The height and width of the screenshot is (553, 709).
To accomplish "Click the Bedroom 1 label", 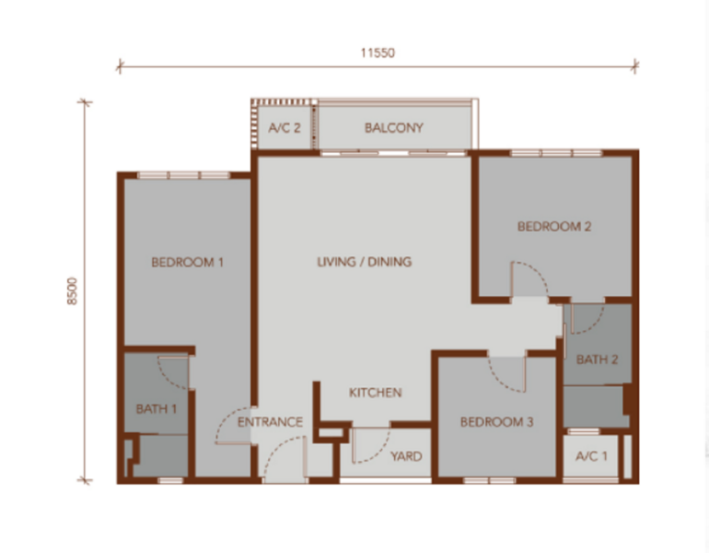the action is (187, 263).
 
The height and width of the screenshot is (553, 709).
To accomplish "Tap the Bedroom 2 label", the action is (554, 226).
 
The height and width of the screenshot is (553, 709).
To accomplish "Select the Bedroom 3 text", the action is (497, 422).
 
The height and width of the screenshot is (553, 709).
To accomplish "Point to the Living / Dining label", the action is (365, 262).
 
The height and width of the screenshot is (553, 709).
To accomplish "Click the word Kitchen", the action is (376, 393).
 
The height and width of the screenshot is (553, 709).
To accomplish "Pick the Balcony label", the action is (394, 128).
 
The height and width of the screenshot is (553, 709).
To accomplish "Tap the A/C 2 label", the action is (285, 128).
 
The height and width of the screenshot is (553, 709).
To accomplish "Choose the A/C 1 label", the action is (591, 456).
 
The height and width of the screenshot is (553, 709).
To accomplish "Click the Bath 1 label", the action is (156, 409).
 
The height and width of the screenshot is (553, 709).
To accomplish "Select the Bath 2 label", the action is (598, 359).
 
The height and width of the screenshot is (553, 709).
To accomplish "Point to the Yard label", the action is (406, 456).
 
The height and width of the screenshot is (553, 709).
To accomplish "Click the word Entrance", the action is (270, 422).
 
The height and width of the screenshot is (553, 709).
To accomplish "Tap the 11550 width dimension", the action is (378, 53).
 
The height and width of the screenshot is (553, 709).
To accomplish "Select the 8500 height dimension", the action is (73, 291).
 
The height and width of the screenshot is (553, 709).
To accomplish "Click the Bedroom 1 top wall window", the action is (183, 175).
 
